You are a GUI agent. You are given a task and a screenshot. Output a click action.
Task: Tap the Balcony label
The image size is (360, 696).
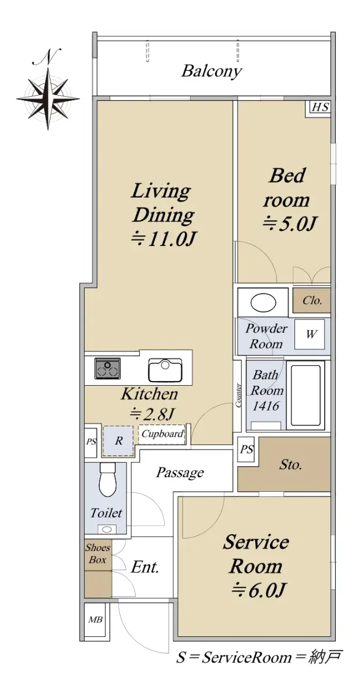(x=211, y=71)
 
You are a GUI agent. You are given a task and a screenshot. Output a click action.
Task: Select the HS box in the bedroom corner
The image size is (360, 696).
(x=320, y=107)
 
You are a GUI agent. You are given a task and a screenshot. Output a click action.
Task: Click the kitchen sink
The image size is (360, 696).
(x=165, y=370)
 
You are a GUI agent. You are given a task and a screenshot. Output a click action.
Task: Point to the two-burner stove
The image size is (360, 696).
(x=107, y=368)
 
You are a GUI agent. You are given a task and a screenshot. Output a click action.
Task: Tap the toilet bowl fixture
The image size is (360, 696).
(x=107, y=480)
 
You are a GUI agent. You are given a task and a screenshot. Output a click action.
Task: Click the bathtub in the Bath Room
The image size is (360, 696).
(x=306, y=396)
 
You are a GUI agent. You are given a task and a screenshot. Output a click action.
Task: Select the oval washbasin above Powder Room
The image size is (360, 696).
(x=263, y=303)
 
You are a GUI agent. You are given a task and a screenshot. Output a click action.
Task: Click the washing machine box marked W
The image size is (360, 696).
(x=310, y=334)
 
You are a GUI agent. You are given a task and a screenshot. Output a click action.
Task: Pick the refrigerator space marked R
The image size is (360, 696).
(x=118, y=441)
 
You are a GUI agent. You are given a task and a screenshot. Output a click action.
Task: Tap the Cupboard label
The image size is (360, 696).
(x=162, y=433)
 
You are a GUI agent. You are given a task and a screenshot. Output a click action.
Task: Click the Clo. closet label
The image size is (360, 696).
(x=312, y=300)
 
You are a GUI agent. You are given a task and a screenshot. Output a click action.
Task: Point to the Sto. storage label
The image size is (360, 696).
(x=290, y=465)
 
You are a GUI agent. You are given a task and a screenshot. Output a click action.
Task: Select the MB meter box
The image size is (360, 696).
(x=95, y=619)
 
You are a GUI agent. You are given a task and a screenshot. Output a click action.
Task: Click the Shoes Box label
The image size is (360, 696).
(x=98, y=553)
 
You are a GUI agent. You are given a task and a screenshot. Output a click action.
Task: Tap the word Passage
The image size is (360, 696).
(x=180, y=473)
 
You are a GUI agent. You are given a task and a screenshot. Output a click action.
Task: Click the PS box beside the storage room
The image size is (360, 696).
(x=246, y=449)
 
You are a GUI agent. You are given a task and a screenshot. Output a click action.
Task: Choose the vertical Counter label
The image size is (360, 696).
(x=238, y=395)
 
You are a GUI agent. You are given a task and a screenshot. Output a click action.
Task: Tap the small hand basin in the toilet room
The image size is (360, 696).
(x=107, y=529)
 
